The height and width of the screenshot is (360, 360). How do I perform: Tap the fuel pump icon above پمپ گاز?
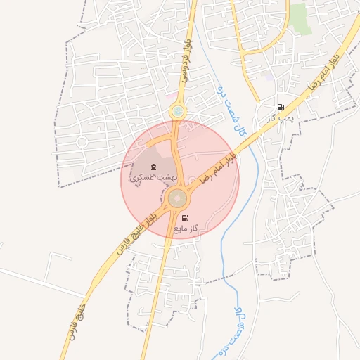tap(281, 108)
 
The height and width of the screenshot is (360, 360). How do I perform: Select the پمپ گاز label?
tap(280, 119)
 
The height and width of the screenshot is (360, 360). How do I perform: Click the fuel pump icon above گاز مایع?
tap(186, 218)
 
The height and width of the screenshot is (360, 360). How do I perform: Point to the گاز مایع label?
tap(186, 229)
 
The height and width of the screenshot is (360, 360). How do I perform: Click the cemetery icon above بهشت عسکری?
tap(154, 167)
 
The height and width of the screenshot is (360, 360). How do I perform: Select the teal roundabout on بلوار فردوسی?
tap(178, 111)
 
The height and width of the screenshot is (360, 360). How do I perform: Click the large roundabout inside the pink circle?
tap(177, 199)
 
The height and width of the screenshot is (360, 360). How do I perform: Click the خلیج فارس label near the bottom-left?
tap(78, 323)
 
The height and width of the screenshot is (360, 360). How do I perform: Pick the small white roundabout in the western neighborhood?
tap(82, 141)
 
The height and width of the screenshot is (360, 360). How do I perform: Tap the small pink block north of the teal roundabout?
tap(172, 92)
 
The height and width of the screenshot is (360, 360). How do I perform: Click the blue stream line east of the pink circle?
tap(252, 176)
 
